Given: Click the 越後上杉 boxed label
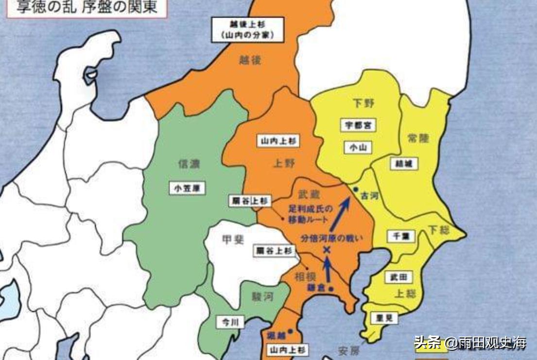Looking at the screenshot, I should (x=247, y=29).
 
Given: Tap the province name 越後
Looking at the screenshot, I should (x=250, y=60).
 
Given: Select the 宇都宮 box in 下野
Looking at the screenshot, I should (x=358, y=125).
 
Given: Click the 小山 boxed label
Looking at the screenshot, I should (x=358, y=148).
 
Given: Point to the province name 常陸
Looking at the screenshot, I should (x=418, y=138).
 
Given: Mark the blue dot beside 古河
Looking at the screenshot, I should (x=356, y=189).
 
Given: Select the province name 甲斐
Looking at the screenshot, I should (x=233, y=240).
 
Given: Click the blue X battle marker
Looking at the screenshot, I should (x=327, y=250).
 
